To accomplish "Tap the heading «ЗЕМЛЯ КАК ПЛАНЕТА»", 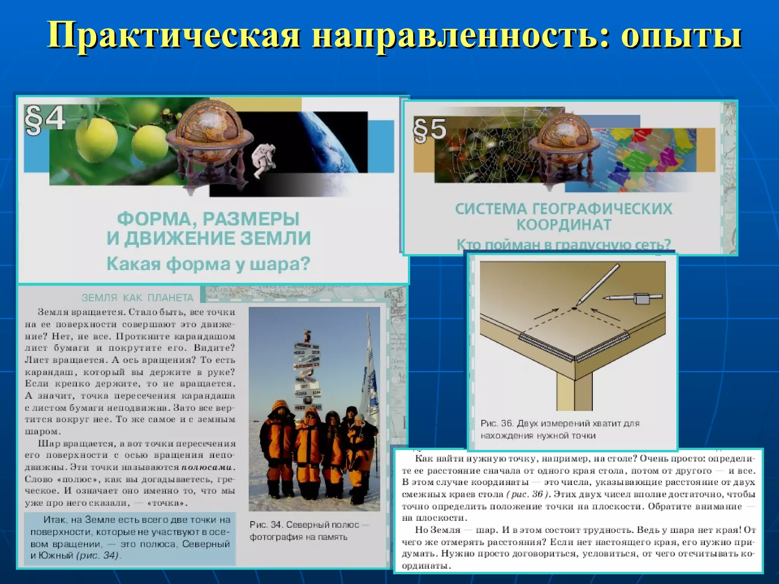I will click(138, 298).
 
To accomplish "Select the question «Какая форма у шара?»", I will click(208, 264).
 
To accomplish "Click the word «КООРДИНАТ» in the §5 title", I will click(563, 225).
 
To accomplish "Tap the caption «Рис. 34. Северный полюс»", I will click(309, 525).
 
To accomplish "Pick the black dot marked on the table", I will click(574, 307).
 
